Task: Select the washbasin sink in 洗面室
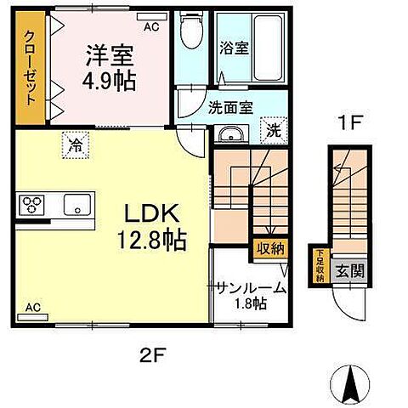[x=228, y=134]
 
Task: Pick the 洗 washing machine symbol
[x=273, y=131]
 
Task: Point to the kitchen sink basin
[x=76, y=205]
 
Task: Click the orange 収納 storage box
[x=271, y=249]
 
